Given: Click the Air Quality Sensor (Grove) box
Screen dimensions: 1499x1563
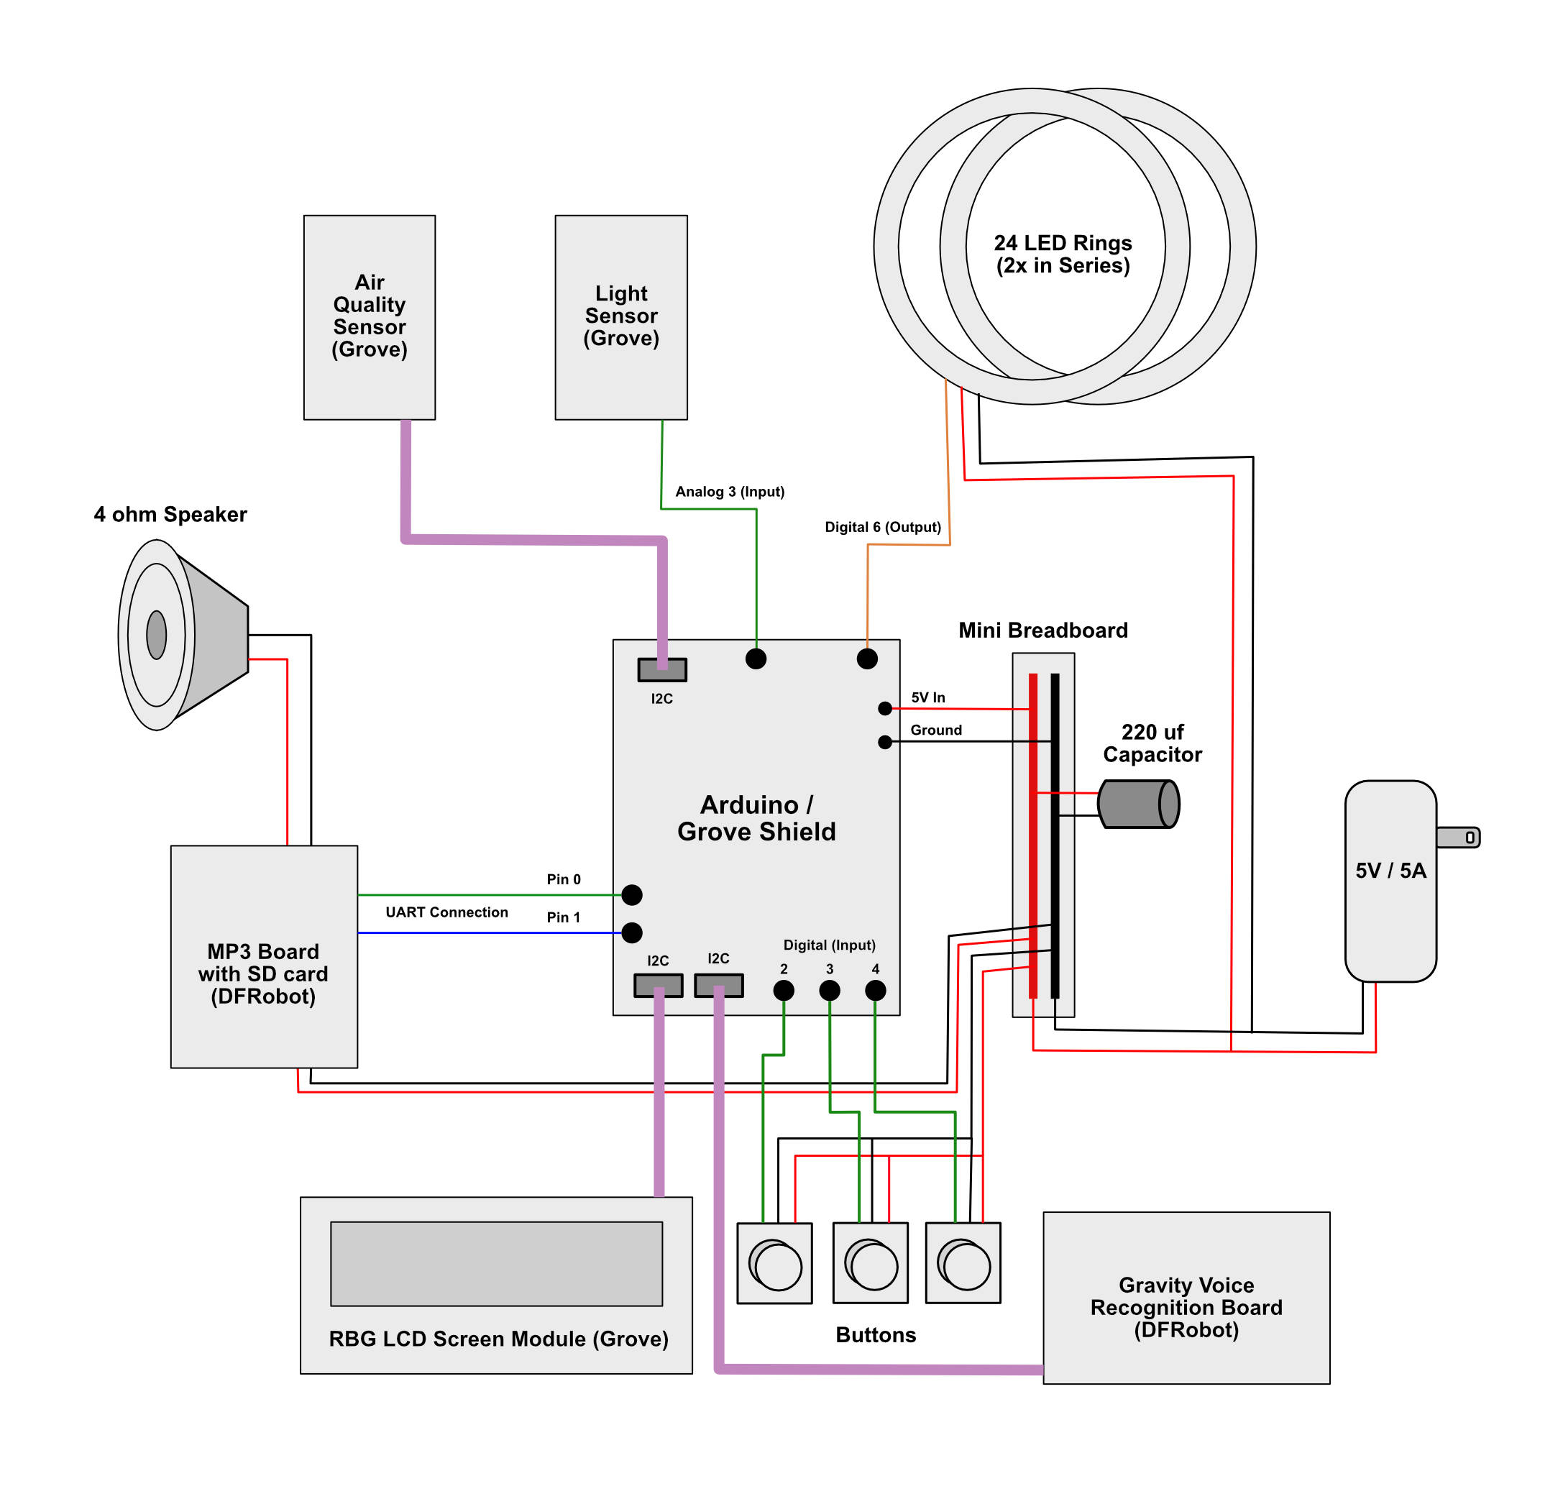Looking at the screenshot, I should point(370,316).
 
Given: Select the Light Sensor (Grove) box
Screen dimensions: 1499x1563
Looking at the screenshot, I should point(620,316).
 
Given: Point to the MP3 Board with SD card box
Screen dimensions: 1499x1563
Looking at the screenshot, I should point(263,956).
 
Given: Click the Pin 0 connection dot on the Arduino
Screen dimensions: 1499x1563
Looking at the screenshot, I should point(631,894).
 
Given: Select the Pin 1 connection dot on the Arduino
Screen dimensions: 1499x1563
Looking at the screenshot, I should point(631,932).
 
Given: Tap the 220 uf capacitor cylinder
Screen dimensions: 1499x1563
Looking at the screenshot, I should point(1138,804).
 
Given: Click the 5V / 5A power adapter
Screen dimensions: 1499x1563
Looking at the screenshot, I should point(1390,880).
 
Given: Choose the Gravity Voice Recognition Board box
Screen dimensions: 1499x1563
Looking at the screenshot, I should point(1186,1307).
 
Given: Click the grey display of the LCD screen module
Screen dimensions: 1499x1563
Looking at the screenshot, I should point(496,1263).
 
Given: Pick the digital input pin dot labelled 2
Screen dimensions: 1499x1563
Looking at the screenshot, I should point(784,990).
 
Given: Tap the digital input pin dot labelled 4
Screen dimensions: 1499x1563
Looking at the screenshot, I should point(875,990).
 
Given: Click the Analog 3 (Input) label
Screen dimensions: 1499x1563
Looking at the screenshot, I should point(730,491).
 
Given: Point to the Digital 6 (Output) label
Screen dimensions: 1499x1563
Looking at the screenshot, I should point(882,527).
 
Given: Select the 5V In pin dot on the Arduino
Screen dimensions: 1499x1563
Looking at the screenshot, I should point(884,708).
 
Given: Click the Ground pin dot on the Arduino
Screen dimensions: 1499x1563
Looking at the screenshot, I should point(884,743).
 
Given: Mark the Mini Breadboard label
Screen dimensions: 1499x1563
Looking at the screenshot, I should point(1042,630).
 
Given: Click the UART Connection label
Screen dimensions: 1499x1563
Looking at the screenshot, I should point(446,912).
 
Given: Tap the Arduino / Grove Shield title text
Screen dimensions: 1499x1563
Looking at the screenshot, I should point(756,818).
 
